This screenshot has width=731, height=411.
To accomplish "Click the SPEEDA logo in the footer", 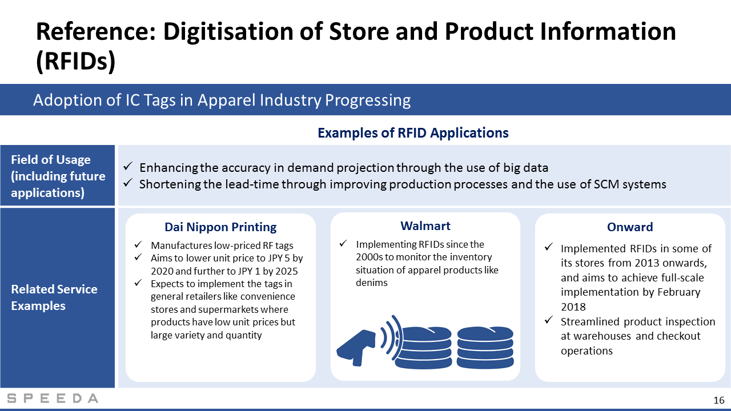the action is (53, 398).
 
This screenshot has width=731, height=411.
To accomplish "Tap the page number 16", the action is (718, 400).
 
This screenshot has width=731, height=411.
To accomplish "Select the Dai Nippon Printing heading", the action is (220, 227).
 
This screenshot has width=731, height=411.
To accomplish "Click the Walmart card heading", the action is (425, 225).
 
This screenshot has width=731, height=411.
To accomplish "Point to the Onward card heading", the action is (630, 227).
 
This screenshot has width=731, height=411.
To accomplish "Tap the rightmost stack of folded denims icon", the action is (485, 348).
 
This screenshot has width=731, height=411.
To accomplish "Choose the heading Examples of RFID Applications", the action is (413, 133).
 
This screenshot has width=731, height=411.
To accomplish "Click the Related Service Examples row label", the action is (54, 297).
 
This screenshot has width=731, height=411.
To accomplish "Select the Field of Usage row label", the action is (58, 176).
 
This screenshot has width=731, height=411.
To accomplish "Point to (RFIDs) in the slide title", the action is (76, 61).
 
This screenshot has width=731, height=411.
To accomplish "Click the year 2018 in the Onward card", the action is (573, 307).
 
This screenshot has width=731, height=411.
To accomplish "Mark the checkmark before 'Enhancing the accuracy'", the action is (127, 167).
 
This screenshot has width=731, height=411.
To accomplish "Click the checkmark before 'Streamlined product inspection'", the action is (549, 320).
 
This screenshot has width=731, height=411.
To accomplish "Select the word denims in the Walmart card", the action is (371, 283).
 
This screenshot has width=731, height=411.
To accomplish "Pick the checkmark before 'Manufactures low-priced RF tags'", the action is (138, 244).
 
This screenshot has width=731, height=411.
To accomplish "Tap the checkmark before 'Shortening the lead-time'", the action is (127, 183).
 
